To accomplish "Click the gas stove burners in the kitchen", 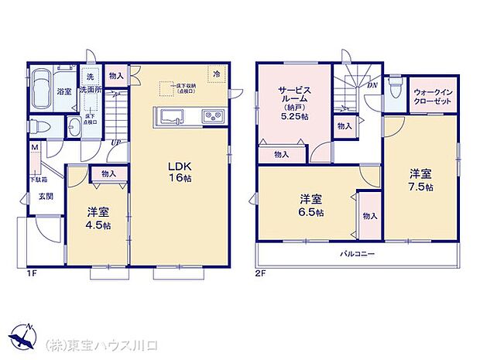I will (213, 117).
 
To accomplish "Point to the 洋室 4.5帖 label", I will (98, 218).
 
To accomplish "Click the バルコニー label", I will (356, 254).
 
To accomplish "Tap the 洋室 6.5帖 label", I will (308, 206).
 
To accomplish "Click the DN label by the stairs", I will (372, 86).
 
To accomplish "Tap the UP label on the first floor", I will (115, 142).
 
